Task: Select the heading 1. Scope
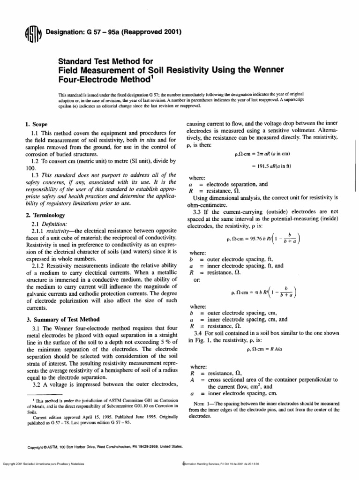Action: pos(36,125)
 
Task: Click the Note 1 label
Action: pos(203,403)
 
